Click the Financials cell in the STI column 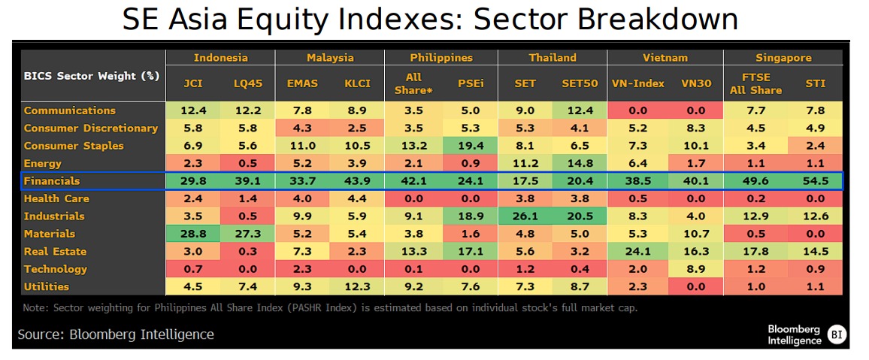pos(816,181)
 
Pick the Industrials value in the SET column pos(525,216)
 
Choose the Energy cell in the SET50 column pos(579,163)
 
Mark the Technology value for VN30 pos(694,269)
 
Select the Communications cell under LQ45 pos(247,110)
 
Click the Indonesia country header pos(220,58)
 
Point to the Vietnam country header pos(665,58)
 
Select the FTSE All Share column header pos(755,83)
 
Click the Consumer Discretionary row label pos(91,129)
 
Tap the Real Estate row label pos(56,252)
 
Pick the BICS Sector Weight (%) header pos(90,76)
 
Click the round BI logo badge pos(836,334)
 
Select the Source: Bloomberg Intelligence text pos(116,334)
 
